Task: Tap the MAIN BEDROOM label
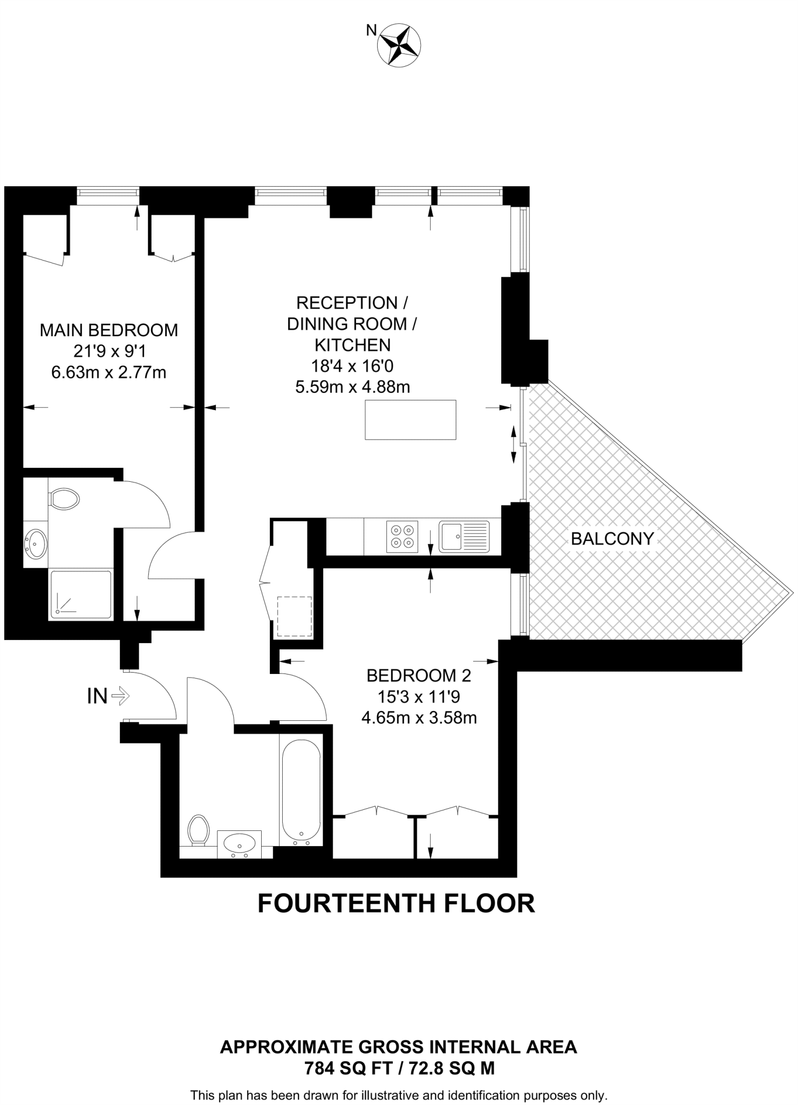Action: point(108,330)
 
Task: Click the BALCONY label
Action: point(612,538)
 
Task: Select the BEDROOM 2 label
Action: point(418,676)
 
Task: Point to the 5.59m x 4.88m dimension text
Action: point(352,387)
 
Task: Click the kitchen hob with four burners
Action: point(402,536)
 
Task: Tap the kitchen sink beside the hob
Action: point(464,536)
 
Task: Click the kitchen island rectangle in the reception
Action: point(410,419)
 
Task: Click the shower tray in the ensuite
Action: point(81,594)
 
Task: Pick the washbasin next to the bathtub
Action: point(239,843)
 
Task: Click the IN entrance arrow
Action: point(120,696)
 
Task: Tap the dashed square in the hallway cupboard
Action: point(294,617)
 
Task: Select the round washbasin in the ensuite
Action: point(36,543)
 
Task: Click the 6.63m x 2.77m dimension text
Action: point(108,372)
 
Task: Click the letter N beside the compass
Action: point(371,31)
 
